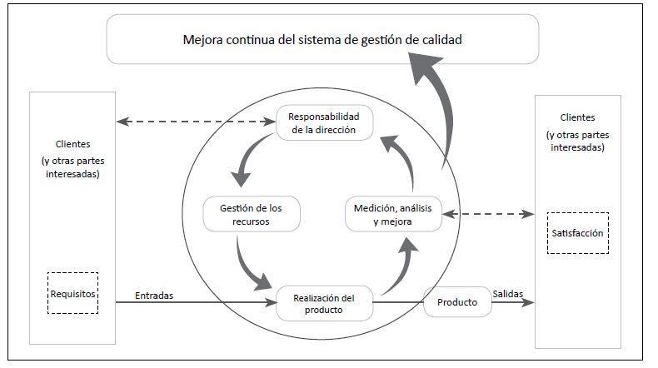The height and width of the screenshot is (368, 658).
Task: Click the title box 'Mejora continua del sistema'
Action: tap(323, 39)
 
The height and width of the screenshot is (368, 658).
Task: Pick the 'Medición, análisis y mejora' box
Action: tap(392, 215)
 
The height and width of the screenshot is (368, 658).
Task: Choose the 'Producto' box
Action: tap(457, 302)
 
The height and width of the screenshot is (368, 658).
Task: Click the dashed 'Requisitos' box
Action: tap(73, 293)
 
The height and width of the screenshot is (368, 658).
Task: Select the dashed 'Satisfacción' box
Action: tap(578, 234)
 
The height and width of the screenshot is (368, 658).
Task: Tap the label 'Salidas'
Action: tap(508, 294)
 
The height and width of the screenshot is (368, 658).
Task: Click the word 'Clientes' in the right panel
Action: tap(578, 117)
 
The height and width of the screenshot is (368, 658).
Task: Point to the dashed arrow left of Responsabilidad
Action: tap(196, 122)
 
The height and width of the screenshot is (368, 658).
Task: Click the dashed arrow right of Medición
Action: tap(487, 214)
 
